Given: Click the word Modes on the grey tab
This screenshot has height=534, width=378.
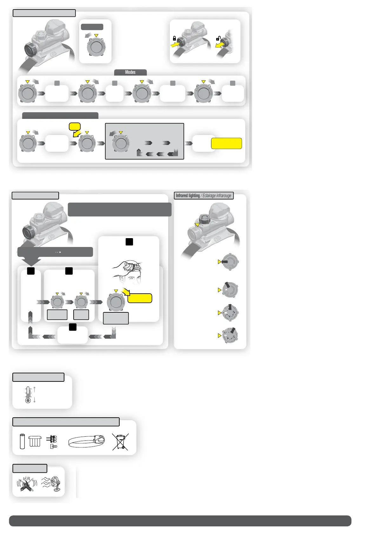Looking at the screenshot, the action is point(130,72).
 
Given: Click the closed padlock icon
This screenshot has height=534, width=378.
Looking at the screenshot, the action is point(174,38).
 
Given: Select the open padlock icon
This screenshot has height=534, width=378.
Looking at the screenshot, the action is point(218,38).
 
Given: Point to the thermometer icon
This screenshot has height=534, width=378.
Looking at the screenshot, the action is point(28,394).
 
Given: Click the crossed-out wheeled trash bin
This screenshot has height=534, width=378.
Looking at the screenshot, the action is point(120,442).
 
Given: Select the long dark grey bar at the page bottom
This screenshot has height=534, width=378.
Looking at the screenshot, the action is point(180,521).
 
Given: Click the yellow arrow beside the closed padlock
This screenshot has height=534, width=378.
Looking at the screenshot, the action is point(175,45).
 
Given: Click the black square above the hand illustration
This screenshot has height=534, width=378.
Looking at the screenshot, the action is point(129,242).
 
